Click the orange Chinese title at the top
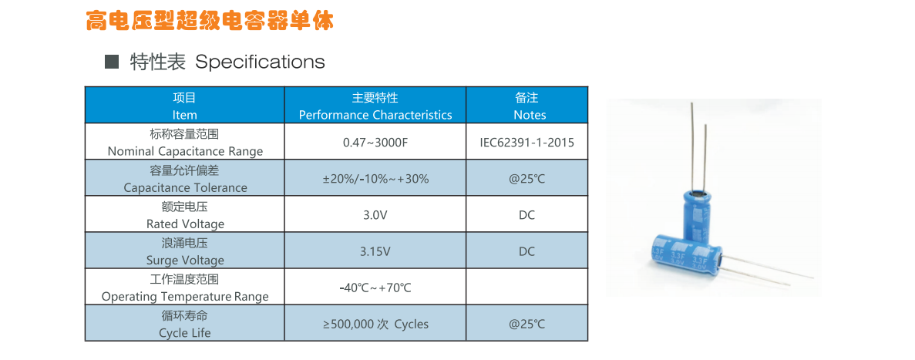click(210, 20)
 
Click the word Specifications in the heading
click(260, 62)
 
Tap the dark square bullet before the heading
click(112, 61)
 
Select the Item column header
click(185, 106)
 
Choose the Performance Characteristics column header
click(375, 106)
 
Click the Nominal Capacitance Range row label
click(185, 143)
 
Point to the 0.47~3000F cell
click(375, 143)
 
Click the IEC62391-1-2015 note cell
click(527, 143)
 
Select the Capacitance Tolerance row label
click(185, 179)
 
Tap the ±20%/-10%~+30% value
click(375, 179)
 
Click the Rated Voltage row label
click(185, 215)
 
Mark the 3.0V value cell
click(375, 215)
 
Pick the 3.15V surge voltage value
click(375, 251)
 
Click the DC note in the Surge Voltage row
click(527, 251)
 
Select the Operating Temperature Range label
click(185, 288)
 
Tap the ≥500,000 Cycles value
click(375, 325)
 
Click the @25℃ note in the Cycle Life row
click(527, 325)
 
